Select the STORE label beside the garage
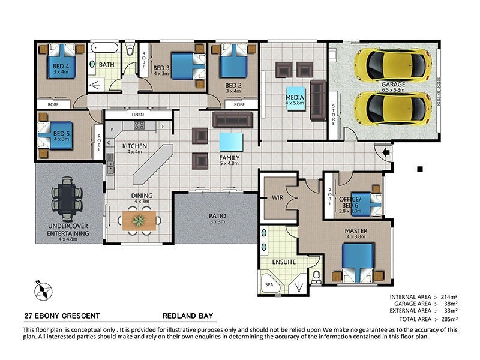(334, 114)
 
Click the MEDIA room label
(295, 98)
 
